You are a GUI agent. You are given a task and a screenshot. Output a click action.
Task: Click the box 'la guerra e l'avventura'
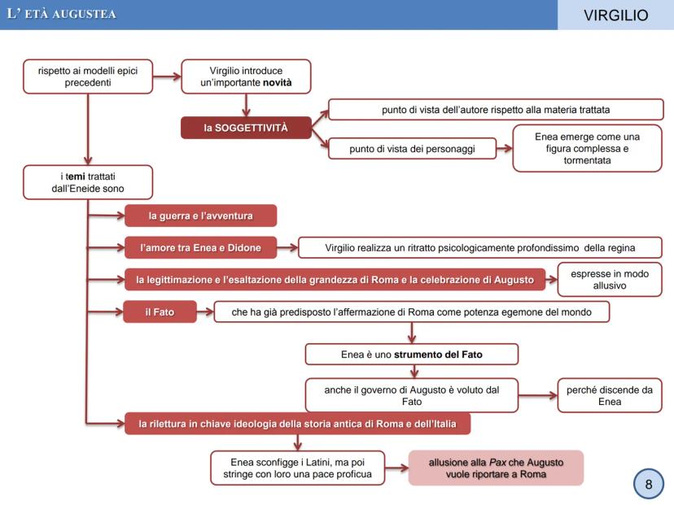(200, 215)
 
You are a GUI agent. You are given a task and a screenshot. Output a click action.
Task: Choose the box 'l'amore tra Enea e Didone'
(199, 246)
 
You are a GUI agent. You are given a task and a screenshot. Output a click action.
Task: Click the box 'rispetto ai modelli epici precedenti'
(88, 76)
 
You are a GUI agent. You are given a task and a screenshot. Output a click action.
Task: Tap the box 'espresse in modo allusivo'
(609, 280)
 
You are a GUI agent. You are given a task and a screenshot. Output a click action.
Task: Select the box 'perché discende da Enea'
(609, 396)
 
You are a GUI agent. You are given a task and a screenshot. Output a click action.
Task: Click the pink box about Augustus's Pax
(497, 468)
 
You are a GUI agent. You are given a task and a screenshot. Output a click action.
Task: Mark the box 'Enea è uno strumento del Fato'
(411, 354)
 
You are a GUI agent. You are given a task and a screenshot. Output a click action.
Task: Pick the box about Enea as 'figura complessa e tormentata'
(587, 147)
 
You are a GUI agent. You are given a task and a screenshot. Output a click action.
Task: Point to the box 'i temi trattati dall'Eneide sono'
(88, 182)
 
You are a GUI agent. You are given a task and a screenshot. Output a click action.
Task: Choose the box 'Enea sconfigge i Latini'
(297, 468)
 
